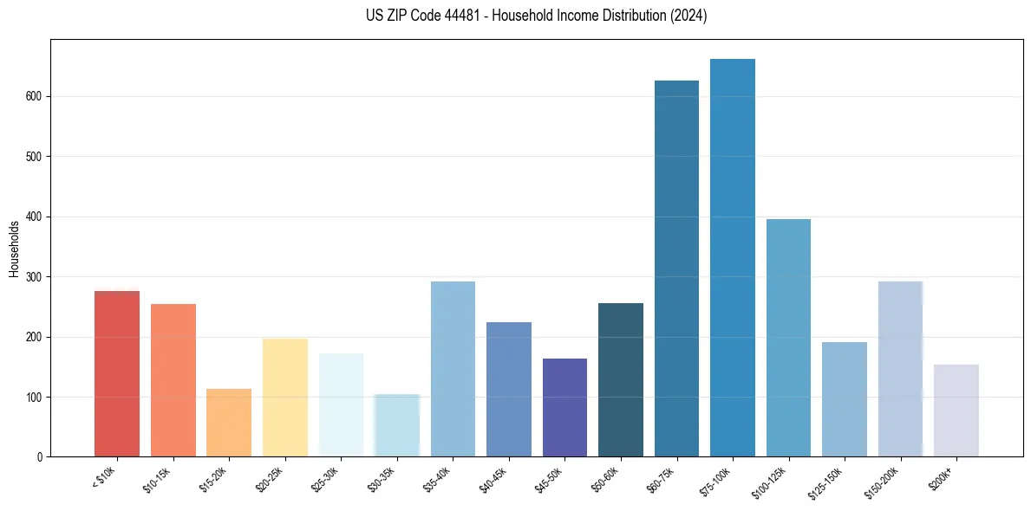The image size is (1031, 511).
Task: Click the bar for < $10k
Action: (x=117, y=374)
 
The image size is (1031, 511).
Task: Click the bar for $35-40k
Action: (x=453, y=369)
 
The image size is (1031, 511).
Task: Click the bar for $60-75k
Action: (x=676, y=268)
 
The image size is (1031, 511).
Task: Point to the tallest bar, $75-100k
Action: (x=733, y=257)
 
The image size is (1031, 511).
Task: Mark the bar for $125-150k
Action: (x=845, y=399)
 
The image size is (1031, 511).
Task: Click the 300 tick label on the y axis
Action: (x=36, y=277)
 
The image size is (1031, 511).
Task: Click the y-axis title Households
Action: (x=15, y=249)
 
